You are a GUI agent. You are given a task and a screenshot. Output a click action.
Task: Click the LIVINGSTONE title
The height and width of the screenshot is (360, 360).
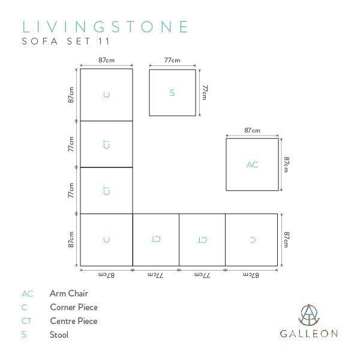106,27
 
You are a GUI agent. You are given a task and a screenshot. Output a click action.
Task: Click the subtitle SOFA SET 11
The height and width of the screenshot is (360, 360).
66,41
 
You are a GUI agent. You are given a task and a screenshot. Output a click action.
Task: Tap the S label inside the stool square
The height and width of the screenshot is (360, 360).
172,93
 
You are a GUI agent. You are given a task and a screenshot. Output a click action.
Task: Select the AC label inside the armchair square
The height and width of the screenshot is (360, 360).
253,164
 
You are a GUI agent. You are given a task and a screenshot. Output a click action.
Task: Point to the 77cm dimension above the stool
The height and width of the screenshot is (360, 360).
172,61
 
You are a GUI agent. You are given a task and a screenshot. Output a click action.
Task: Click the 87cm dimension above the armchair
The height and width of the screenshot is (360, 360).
252,131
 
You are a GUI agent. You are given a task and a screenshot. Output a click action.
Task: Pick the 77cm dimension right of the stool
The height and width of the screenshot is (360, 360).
205,92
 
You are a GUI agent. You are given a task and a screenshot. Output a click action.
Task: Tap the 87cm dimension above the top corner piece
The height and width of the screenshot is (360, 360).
107,60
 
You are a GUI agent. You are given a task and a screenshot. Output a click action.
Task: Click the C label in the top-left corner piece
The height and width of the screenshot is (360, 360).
107,95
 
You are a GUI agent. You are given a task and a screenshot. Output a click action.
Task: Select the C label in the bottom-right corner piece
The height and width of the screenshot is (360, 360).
253,240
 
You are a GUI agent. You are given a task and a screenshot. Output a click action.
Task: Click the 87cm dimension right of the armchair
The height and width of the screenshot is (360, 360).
286,164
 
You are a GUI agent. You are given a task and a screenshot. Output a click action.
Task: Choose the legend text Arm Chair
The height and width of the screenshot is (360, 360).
69,293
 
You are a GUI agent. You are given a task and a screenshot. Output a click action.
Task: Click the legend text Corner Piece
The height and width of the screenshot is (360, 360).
74,307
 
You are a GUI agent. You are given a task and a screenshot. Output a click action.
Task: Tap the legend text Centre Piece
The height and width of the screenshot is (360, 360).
74,321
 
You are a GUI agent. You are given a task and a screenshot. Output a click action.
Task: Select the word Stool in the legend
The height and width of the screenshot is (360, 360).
59,335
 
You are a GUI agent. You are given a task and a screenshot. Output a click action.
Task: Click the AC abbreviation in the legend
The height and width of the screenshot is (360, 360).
28,294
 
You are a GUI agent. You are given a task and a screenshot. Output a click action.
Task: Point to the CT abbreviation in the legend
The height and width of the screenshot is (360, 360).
26,321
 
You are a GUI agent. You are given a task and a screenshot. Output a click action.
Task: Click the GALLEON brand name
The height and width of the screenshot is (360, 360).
309,334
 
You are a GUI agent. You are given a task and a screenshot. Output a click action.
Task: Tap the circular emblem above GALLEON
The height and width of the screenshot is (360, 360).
309,315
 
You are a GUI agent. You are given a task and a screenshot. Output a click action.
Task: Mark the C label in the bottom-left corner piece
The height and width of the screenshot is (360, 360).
107,240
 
